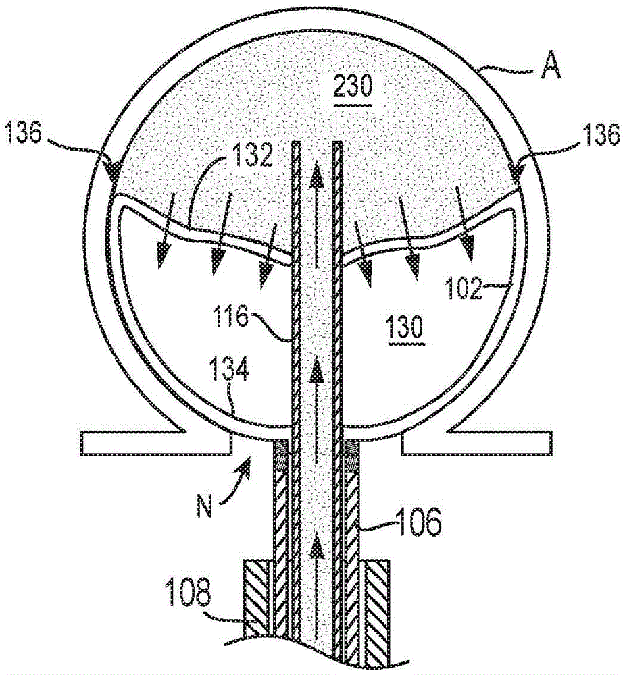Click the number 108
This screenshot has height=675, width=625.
point(189,596)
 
